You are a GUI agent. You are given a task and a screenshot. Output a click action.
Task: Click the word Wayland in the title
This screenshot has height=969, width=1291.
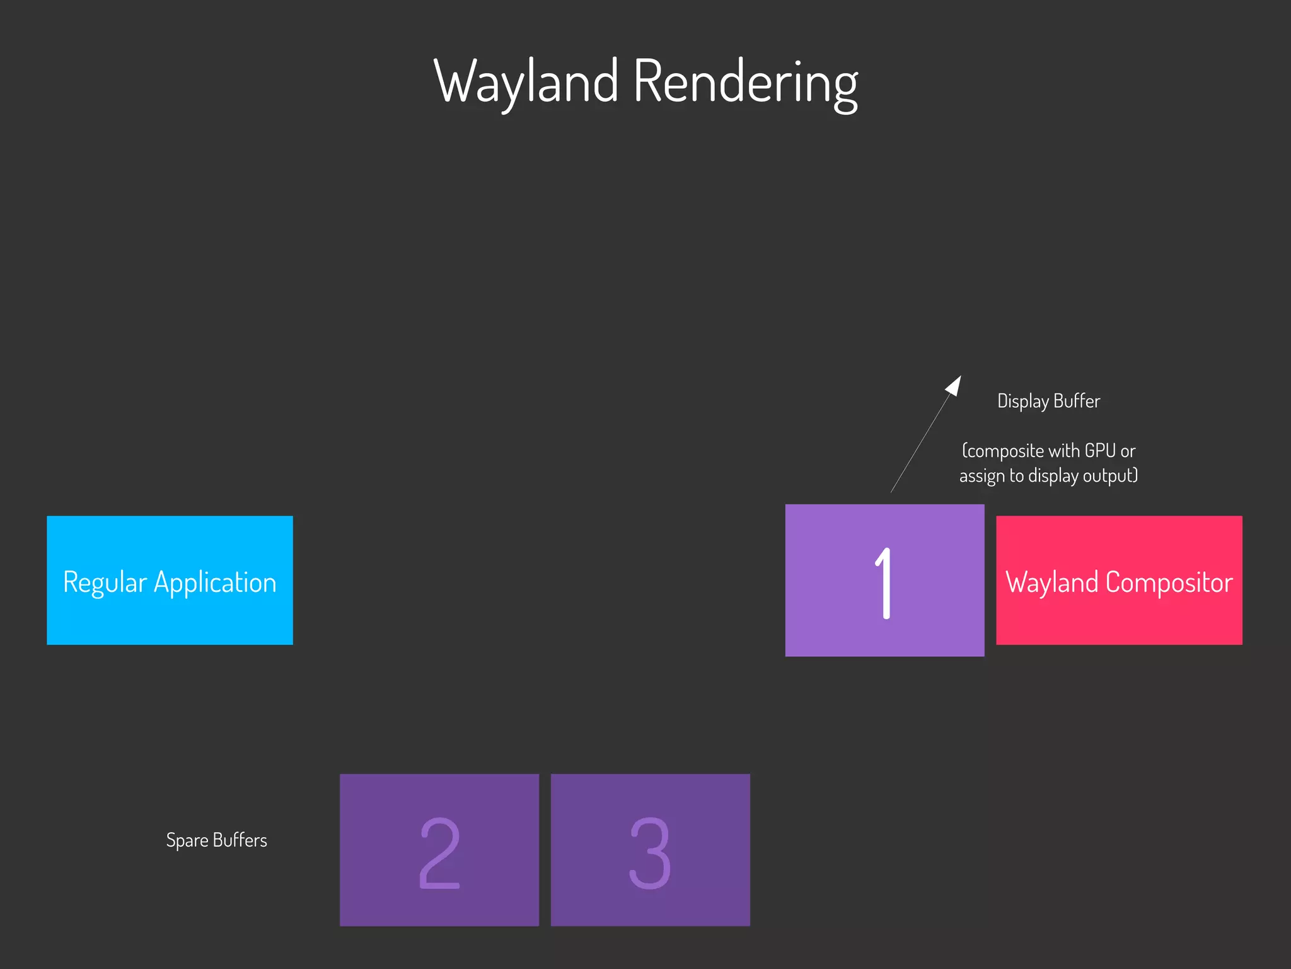tap(526, 82)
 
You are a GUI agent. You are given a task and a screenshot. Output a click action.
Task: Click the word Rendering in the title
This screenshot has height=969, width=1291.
tap(745, 82)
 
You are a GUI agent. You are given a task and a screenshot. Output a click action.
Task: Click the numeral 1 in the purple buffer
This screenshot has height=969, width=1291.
tap(884, 583)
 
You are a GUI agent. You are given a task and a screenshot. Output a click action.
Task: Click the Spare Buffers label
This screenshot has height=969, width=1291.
tap(216, 840)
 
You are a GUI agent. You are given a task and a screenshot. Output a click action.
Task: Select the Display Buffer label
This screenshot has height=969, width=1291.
tap(1048, 401)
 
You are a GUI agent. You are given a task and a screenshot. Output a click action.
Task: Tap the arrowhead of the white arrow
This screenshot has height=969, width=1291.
tap(954, 385)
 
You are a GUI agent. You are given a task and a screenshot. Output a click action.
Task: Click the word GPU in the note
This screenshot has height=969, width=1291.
tap(1100, 451)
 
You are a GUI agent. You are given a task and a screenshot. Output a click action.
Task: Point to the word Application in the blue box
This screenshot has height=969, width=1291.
tap(215, 583)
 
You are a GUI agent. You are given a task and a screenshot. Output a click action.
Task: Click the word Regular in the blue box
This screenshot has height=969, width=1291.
tap(105, 583)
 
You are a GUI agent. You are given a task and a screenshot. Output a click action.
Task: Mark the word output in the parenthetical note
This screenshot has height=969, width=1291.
tap(1110, 475)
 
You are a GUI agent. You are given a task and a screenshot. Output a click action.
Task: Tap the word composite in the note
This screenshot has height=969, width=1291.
tap(1004, 451)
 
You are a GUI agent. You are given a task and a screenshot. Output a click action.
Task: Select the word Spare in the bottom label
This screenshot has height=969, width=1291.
tap(187, 840)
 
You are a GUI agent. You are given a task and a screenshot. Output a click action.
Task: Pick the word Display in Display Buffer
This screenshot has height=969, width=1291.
tap(1022, 401)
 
